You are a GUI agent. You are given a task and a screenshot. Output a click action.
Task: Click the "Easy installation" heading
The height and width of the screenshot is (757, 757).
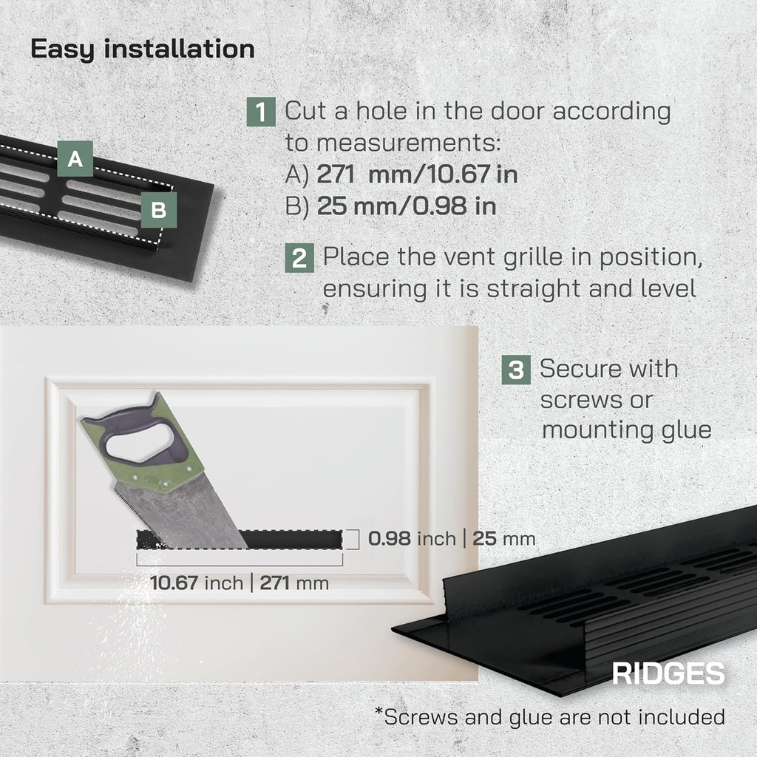click(142, 50)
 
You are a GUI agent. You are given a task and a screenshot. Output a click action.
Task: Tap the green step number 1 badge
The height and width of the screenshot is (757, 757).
click(261, 112)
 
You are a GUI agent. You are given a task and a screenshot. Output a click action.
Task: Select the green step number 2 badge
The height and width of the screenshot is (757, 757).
click(299, 259)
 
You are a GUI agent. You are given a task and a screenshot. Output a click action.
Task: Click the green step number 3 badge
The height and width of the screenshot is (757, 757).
click(516, 370)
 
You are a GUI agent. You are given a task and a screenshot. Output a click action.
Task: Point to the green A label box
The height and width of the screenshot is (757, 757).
click(75, 159)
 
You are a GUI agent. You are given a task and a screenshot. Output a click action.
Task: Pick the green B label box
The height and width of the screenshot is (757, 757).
click(159, 211)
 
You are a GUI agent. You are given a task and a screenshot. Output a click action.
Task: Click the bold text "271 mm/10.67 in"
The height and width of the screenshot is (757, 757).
click(417, 174)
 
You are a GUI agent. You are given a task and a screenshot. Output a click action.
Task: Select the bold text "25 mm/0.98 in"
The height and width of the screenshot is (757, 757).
click(406, 206)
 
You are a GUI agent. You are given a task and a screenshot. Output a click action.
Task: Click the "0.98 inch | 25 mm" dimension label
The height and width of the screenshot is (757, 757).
click(451, 539)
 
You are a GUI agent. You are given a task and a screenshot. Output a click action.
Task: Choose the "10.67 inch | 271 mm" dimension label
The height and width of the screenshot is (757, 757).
click(240, 583)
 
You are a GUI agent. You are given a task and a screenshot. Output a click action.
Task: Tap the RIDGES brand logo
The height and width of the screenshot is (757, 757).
click(668, 673)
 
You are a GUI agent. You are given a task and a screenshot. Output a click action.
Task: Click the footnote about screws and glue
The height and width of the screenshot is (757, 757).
click(549, 716)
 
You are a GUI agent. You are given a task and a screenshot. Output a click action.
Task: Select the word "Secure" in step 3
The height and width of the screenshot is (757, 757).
click(587, 368)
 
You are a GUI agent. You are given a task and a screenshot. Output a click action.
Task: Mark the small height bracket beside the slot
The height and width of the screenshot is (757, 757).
click(353, 539)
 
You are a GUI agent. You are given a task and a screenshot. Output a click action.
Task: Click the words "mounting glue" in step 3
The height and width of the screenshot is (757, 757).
click(626, 430)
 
